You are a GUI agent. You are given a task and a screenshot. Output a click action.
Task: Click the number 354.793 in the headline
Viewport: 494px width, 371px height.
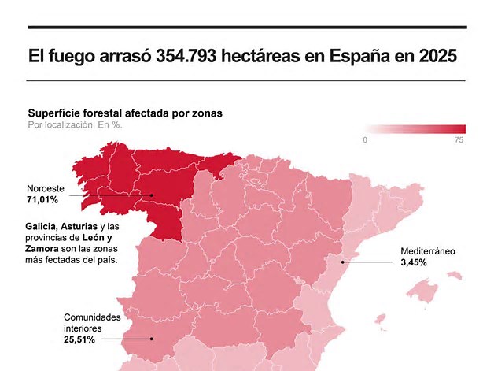tap(186, 56)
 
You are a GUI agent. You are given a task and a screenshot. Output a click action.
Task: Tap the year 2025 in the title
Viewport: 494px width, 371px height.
tap(438, 56)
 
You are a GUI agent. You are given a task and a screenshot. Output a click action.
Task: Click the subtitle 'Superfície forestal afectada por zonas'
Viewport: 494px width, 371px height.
tap(125, 113)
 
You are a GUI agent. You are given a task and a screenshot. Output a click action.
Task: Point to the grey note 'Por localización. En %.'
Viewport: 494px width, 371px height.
tap(75, 125)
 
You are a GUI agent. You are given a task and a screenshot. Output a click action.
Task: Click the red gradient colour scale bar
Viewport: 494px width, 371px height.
tap(415, 129)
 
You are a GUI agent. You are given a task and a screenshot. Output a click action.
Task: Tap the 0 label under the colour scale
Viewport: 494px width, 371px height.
tap(365, 139)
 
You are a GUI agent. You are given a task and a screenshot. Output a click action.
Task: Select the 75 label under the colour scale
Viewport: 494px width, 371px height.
tap(459, 139)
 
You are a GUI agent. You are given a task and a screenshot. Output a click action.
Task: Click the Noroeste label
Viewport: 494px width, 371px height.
tap(46, 189)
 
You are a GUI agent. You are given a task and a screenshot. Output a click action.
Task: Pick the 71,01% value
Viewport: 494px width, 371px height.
tap(42, 200)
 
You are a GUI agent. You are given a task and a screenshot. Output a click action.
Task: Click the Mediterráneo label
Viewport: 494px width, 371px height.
tap(428, 251)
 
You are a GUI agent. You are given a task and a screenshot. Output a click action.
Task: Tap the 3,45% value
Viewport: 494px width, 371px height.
tap(414, 262)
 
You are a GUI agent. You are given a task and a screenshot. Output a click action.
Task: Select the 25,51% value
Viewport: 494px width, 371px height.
tap(79, 339)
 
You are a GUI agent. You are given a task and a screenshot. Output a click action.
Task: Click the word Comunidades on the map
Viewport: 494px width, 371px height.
tap(92, 317)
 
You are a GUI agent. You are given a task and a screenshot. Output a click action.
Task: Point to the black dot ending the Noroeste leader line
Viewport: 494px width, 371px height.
tap(151, 195)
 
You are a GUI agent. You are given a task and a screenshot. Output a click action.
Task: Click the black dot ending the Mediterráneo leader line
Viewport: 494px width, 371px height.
tap(343, 262)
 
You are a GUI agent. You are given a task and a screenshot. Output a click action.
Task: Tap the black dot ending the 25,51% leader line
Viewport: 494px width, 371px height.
tap(152, 339)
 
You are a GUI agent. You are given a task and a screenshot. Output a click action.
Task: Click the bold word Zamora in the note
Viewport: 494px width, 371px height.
tap(42, 249)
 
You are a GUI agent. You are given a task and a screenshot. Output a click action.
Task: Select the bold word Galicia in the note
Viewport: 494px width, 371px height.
tap(41, 227)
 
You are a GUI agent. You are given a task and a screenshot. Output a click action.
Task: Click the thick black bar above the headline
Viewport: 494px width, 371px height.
tap(247, 28)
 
